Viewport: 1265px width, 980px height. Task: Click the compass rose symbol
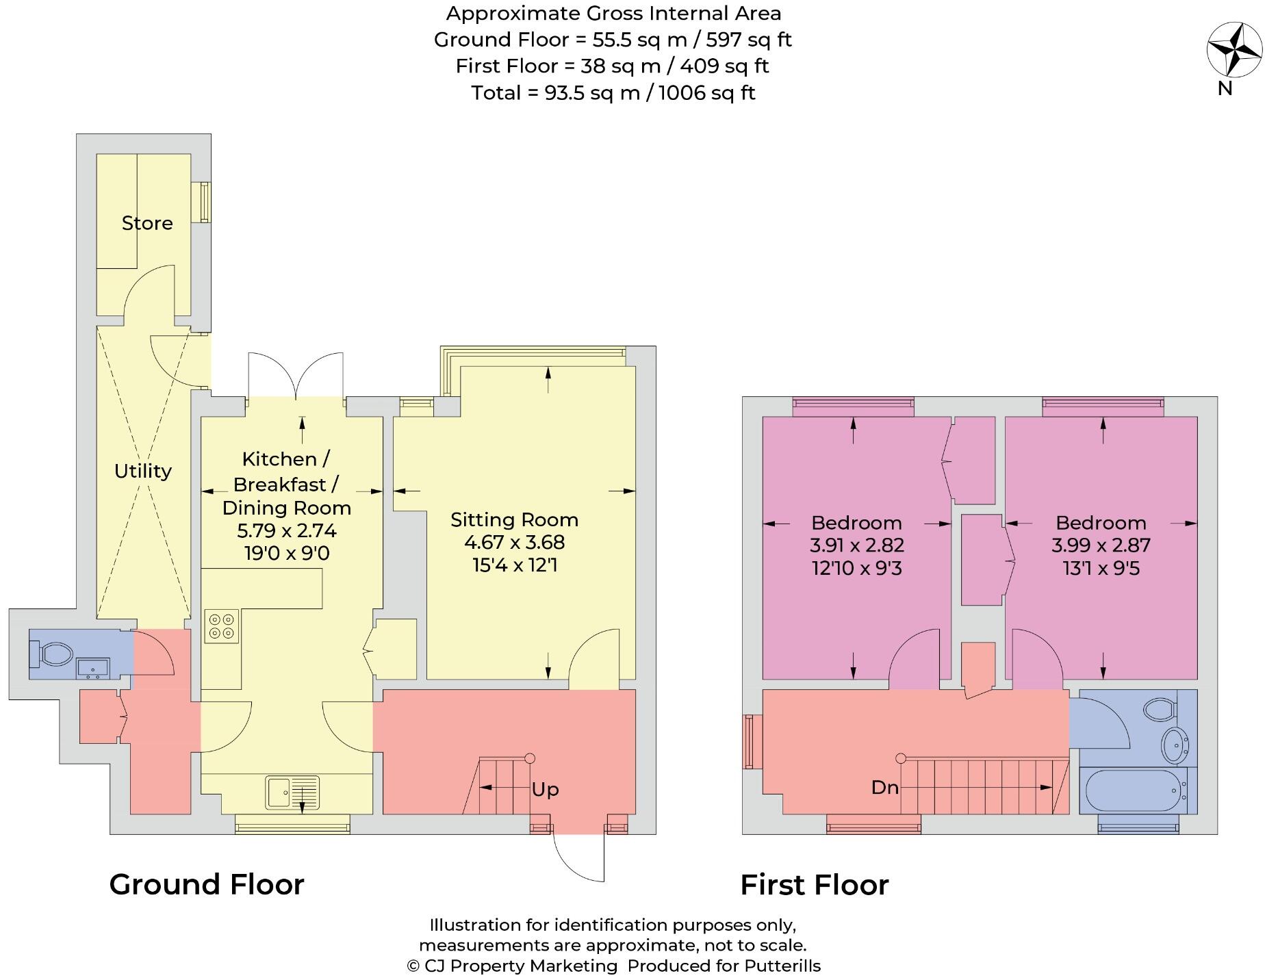[x=1234, y=50]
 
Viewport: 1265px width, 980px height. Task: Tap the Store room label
[x=147, y=223]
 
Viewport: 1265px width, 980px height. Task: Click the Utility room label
[x=142, y=471]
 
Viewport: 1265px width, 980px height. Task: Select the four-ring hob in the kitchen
[x=222, y=626]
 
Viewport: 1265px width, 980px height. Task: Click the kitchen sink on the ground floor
[x=293, y=792]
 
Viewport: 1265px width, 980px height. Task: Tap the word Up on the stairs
[x=545, y=789]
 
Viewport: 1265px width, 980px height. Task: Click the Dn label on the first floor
[x=884, y=788]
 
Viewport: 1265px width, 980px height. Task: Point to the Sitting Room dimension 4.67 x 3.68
[x=514, y=543]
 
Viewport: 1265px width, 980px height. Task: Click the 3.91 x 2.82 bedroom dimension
[x=856, y=545]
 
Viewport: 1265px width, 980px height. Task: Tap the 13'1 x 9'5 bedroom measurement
[x=1101, y=569]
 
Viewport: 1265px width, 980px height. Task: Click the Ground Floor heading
[x=207, y=884]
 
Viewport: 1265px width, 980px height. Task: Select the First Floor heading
[x=814, y=885]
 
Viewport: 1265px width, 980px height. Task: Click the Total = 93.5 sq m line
[x=613, y=93]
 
